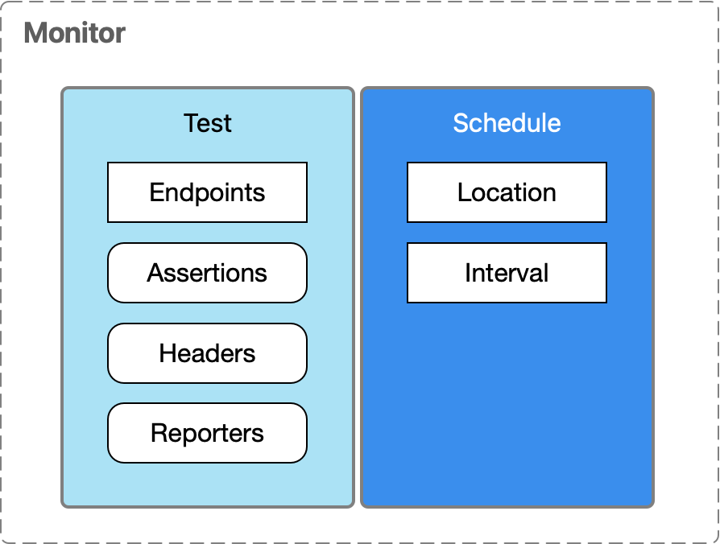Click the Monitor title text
coord(75,33)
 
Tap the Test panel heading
coord(208,123)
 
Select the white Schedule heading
coord(507,123)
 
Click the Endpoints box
coord(207,192)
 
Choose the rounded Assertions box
coord(207,273)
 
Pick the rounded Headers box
coord(207,353)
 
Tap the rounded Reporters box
coord(207,433)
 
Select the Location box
coord(507,192)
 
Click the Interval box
coord(507,273)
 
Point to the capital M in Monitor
coord(35,33)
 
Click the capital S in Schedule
coord(461,123)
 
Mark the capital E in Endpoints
coord(157,192)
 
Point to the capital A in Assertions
coord(155,273)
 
